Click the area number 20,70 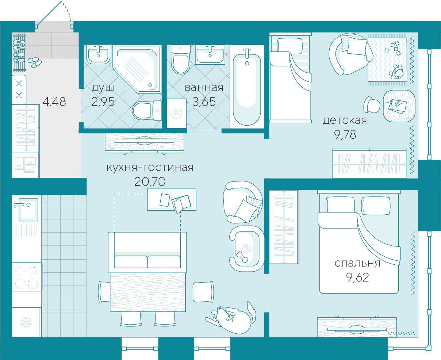click(x=150, y=181)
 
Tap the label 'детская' click(x=345, y=120)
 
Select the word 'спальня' click(x=357, y=263)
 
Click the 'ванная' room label click(x=204, y=88)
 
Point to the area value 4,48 click(x=54, y=102)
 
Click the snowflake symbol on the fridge click(x=26, y=322)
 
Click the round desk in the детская click(x=399, y=106)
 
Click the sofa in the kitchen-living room click(x=147, y=252)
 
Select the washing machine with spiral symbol click(x=177, y=114)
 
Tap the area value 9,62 click(x=357, y=277)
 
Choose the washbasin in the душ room click(x=98, y=55)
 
